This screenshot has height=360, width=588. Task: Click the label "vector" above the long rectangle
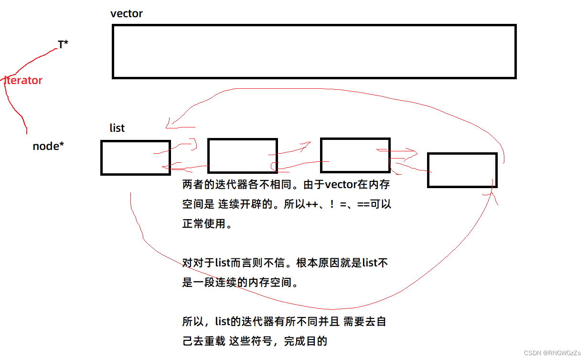(126, 13)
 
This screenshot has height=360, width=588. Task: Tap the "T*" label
(63, 45)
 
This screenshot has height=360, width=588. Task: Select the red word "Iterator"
(23, 80)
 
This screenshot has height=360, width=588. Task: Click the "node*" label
(48, 146)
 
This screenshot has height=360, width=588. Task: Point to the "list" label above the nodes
(117, 128)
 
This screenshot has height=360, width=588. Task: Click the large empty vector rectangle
(314, 51)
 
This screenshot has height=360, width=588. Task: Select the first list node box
(136, 158)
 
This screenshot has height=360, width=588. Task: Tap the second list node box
(242, 156)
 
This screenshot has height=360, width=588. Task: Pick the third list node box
(355, 155)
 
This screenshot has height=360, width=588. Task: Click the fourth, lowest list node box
(462, 170)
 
